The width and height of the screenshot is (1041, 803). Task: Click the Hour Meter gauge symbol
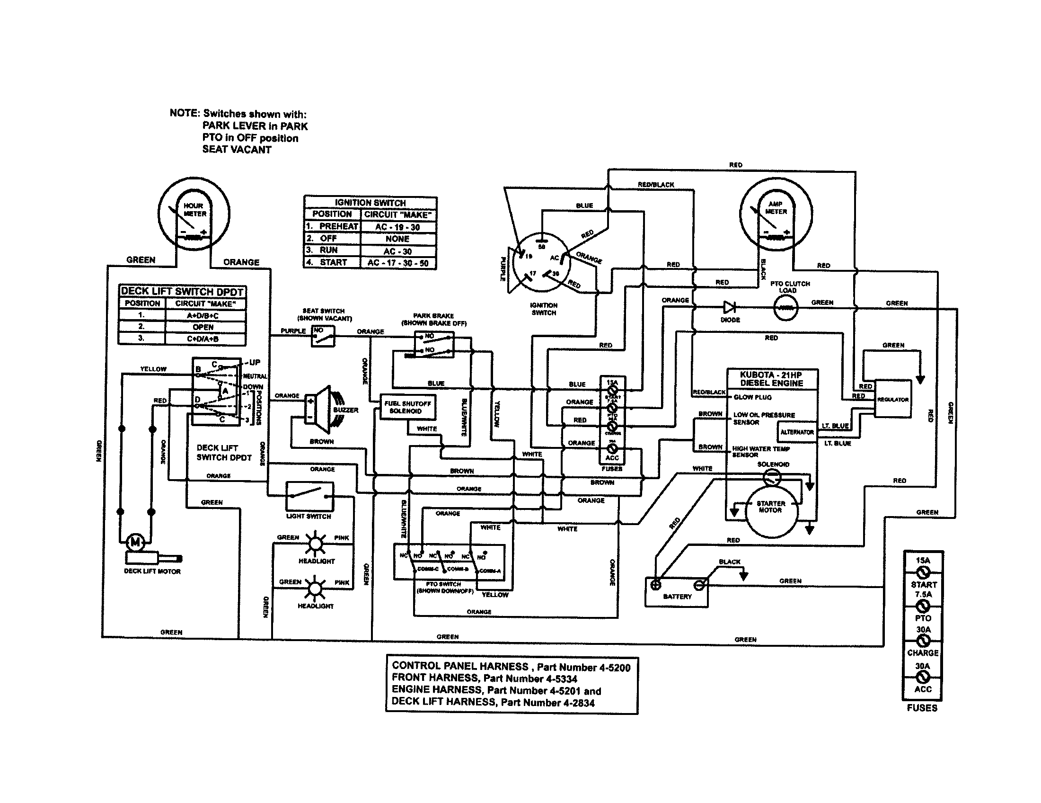point(194,214)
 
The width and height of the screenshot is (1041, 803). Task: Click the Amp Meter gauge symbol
point(776,214)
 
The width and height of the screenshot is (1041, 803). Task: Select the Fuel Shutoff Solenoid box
point(407,407)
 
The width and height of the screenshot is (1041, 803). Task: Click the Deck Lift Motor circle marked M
point(135,542)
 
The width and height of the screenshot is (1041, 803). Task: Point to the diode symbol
point(730,308)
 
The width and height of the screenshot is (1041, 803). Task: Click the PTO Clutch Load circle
point(785,308)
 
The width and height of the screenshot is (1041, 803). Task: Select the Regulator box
point(893,400)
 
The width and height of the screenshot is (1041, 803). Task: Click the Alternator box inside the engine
point(797,432)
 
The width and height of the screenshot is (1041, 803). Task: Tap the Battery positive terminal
point(656,585)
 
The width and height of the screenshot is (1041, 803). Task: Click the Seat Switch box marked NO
point(323,336)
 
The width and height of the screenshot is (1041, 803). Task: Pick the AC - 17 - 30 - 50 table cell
point(397,263)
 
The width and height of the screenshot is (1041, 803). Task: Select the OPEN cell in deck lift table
point(203,327)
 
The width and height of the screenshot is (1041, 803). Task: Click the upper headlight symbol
point(315,543)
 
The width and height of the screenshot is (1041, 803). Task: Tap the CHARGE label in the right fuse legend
point(923,653)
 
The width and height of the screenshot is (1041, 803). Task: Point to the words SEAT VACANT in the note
point(237,150)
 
